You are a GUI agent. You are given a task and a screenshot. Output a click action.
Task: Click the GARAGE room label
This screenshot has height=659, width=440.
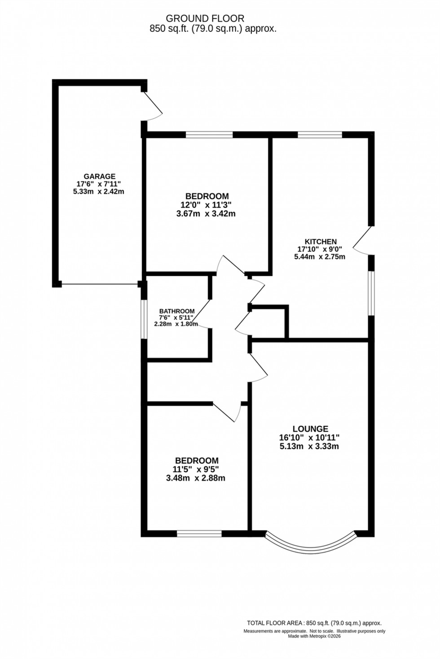(99, 176)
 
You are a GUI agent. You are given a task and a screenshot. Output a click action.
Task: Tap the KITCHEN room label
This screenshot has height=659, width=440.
(320, 242)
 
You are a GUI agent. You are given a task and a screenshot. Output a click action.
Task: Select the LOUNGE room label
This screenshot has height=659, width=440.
(310, 429)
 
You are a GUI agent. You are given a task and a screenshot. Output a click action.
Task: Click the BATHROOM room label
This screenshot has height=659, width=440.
(177, 311)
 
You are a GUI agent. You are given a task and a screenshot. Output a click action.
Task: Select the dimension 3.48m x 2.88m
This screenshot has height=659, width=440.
(195, 478)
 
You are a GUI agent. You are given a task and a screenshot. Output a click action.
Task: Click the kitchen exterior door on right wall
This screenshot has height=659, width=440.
(363, 241)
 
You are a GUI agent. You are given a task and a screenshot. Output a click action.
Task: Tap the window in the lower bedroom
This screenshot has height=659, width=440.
(199, 533)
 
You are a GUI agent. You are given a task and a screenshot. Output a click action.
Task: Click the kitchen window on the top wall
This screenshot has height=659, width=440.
(319, 134)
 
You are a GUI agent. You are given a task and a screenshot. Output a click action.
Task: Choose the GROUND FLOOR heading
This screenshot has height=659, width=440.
(205, 18)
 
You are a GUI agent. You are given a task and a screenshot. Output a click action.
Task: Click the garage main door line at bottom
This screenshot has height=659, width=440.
(99, 284)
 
